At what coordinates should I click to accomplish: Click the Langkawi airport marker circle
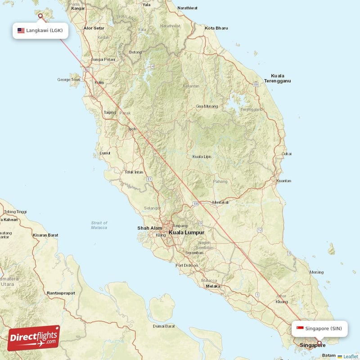(40, 16)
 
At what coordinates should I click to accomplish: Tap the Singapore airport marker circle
(319, 344)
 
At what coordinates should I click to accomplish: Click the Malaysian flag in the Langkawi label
(21, 31)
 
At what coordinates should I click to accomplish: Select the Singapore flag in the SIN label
(300, 328)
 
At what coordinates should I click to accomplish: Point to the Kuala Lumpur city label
(186, 233)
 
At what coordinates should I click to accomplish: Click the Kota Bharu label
(216, 28)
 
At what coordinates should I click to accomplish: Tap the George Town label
(68, 80)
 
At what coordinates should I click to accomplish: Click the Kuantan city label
(283, 181)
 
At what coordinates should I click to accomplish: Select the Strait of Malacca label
(99, 225)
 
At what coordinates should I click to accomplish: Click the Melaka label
(213, 286)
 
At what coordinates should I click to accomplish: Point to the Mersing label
(317, 272)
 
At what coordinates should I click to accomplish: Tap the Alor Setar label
(94, 28)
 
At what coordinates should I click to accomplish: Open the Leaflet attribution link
(350, 356)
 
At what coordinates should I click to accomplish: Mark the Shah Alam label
(149, 228)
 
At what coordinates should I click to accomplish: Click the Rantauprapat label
(61, 293)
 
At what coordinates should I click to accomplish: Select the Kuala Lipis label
(202, 157)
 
